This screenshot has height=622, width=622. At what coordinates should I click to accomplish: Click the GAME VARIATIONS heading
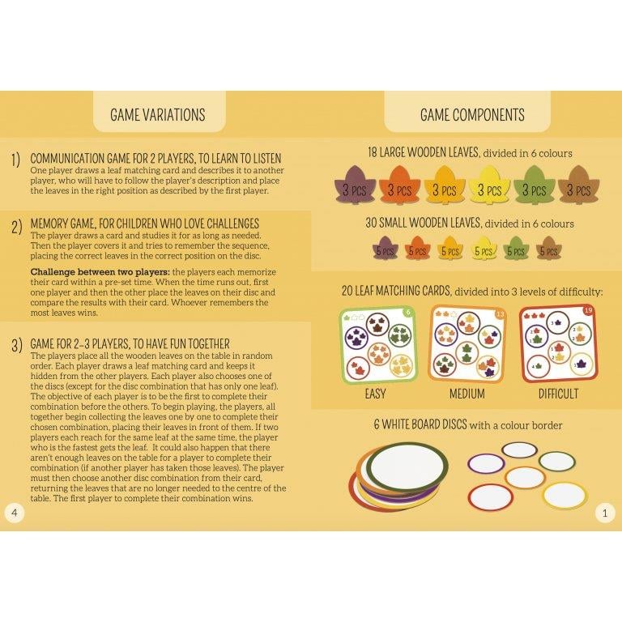pyautogui.click(x=157, y=115)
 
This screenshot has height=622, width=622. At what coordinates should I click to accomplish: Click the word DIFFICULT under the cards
pyautogui.click(x=558, y=394)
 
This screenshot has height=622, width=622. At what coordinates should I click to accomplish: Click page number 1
pyautogui.click(x=606, y=512)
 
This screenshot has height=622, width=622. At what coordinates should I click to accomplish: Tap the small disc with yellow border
pyautogui.click(x=564, y=495)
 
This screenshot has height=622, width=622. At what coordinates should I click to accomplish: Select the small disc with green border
pyautogui.click(x=557, y=461)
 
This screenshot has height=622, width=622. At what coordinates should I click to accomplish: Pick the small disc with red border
pyautogui.click(x=491, y=497)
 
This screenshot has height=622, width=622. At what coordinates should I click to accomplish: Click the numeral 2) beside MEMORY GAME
pyautogui.click(x=15, y=227)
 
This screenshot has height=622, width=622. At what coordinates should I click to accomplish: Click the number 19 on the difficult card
pyautogui.click(x=589, y=311)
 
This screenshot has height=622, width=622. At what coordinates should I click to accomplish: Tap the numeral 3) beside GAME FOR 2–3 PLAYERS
pyautogui.click(x=15, y=347)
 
